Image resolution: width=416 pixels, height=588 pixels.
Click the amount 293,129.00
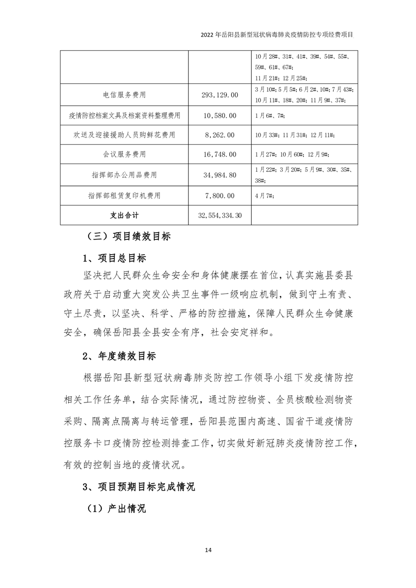coord(219,95)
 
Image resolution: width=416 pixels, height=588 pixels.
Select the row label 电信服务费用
coord(124,95)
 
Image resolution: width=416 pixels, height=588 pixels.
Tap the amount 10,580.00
coord(219,115)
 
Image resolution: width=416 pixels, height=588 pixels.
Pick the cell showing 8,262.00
coord(219,135)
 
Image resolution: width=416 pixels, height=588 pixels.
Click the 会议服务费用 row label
coord(124,155)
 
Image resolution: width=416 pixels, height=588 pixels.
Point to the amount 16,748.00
coord(219,155)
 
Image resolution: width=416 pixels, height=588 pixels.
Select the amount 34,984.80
coord(219,175)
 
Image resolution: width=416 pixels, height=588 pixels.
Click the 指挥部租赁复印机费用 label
coord(124,195)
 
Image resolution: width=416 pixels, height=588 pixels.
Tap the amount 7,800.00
coord(219,195)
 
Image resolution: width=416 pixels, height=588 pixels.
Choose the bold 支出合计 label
coord(124,215)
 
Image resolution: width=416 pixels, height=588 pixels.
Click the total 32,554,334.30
coord(219,215)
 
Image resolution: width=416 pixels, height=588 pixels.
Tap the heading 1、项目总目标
coord(114,258)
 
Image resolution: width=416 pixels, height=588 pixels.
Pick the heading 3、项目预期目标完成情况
coord(138,487)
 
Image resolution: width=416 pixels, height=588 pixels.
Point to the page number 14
coord(208,550)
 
